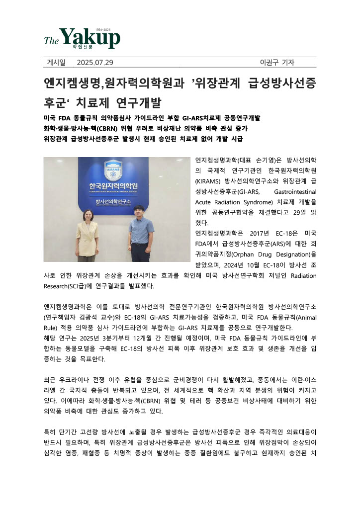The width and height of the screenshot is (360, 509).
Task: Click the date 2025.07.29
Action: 95,62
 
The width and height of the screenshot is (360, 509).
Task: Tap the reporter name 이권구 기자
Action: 277,62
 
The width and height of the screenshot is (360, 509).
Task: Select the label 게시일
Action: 56,62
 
